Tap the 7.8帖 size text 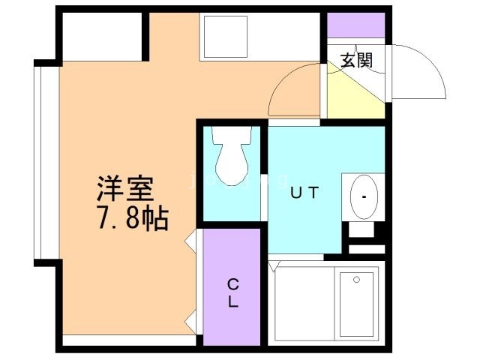tap(131, 219)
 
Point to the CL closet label tap(233, 293)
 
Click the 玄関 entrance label tap(356, 61)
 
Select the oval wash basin tap(364, 197)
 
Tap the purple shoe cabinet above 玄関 tap(355, 24)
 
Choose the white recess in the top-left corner tap(101, 35)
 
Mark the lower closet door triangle tap(192, 322)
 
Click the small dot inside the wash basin tap(364, 198)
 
